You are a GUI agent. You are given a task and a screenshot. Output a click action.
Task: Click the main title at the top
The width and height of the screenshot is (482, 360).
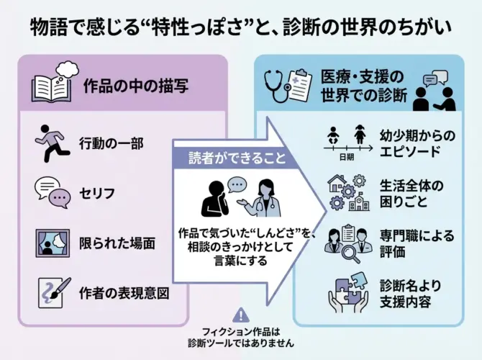tap(241, 28)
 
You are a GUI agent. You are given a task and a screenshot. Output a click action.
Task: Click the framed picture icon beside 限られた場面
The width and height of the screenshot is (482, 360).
tap(53, 243)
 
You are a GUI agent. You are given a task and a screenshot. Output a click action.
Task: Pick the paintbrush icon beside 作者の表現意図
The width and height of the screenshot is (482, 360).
tap(53, 292)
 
